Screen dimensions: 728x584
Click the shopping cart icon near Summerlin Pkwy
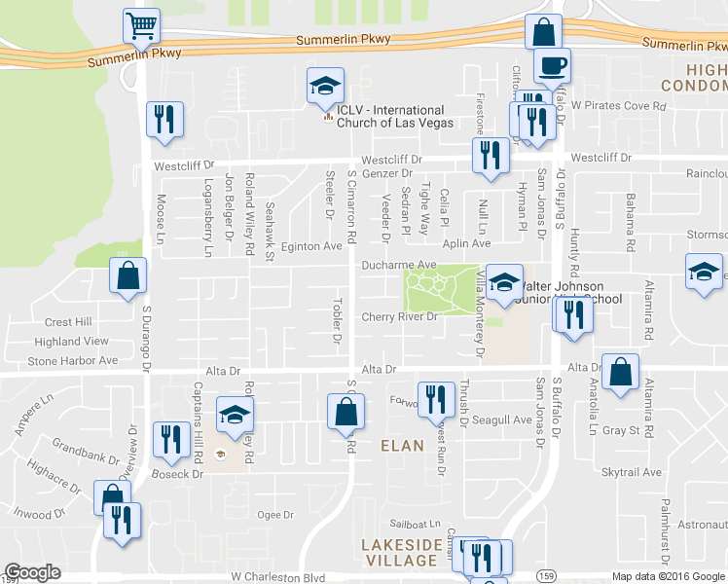click(x=141, y=24)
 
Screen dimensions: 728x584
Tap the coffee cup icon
click(x=553, y=65)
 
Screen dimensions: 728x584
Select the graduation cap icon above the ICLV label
click(x=325, y=86)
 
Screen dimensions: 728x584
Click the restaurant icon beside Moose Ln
click(x=164, y=119)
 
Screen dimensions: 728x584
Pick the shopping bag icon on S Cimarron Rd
click(x=346, y=411)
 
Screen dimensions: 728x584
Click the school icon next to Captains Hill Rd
click(x=235, y=416)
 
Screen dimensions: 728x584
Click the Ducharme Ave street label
click(x=399, y=264)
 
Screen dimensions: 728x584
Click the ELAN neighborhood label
click(x=402, y=445)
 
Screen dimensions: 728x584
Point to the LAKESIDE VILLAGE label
click(x=400, y=552)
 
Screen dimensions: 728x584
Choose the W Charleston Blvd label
click(x=277, y=577)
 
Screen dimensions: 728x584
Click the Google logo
click(x=32, y=572)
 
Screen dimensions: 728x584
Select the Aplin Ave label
click(x=467, y=243)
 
